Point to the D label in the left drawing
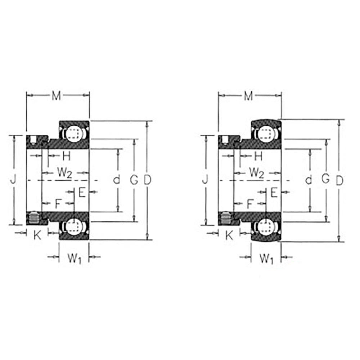(147, 180)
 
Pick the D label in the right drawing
(339, 180)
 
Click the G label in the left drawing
(134, 180)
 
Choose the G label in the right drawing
(325, 179)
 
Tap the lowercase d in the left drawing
(116, 180)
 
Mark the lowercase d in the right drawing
(308, 180)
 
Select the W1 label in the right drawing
(266, 258)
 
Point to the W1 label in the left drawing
(74, 258)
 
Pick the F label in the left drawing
(58, 204)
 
